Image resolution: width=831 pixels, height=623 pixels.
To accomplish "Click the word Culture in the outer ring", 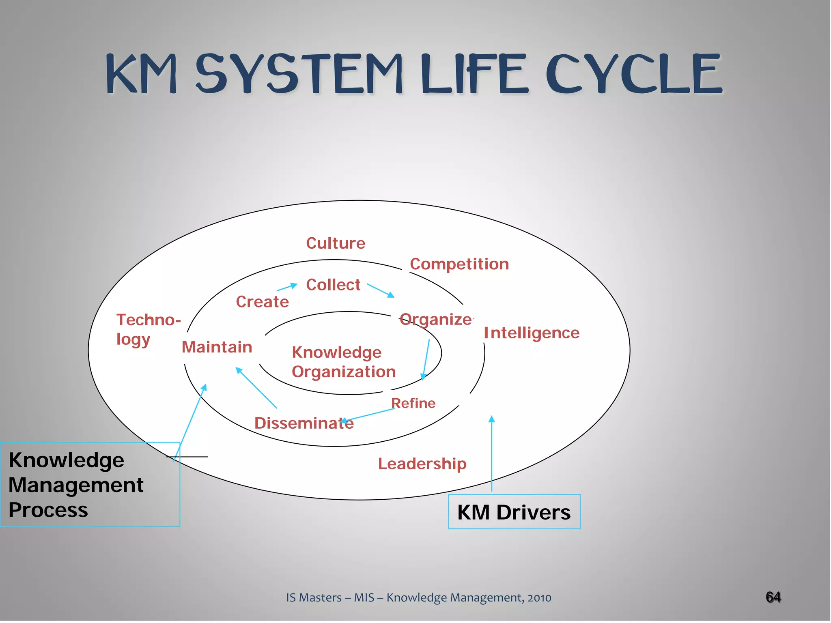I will click(x=336, y=243).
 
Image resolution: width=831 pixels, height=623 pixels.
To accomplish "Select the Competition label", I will click(x=459, y=264).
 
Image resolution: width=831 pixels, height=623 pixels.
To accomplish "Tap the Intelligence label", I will click(x=532, y=333).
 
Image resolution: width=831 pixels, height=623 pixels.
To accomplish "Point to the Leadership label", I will click(x=422, y=464).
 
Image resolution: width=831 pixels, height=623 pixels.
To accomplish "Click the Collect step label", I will click(x=333, y=285).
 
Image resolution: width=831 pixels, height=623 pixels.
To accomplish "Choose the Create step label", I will click(x=263, y=302).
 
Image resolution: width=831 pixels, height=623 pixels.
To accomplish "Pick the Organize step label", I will click(x=436, y=320).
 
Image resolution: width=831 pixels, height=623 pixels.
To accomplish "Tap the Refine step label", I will click(x=413, y=403).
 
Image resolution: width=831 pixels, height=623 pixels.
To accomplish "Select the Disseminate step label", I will click(x=304, y=423).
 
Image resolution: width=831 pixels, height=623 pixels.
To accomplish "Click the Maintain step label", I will click(x=217, y=347).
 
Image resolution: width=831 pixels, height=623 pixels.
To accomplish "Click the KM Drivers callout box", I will click(x=514, y=512).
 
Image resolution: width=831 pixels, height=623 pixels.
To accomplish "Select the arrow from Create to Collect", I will click(x=287, y=288).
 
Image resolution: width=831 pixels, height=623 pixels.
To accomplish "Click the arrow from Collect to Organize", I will click(x=381, y=290).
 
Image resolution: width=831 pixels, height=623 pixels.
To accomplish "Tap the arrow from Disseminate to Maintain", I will click(x=256, y=388).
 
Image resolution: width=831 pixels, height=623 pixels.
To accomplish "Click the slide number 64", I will click(x=773, y=597).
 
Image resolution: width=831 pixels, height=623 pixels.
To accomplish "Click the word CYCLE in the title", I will click(x=634, y=74).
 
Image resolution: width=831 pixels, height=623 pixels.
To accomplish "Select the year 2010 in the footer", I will click(x=539, y=598).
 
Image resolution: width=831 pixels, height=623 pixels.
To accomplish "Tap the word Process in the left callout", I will click(x=48, y=510).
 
